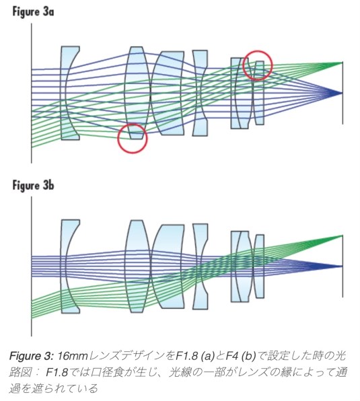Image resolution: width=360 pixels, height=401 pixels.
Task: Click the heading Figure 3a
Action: coord(33,12)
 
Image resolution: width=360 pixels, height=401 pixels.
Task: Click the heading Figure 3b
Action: coord(33,186)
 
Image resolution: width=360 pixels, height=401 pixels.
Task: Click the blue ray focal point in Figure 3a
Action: coord(342,93)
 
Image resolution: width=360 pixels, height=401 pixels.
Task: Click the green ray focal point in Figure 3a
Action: coord(342,63)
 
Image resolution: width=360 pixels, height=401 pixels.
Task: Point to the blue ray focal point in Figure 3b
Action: coord(342,266)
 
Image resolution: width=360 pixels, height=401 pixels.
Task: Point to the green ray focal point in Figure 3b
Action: coord(342,235)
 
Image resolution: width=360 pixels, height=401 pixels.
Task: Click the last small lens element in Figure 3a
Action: coord(259,93)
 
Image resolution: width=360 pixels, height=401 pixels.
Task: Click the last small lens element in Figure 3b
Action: coord(259,266)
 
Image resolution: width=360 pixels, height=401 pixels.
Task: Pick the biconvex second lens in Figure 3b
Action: coord(137,266)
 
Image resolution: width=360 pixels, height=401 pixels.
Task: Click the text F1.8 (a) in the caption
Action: coord(195,356)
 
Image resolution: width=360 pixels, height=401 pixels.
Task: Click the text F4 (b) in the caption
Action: coord(241,356)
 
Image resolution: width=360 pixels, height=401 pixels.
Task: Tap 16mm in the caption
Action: coord(73,356)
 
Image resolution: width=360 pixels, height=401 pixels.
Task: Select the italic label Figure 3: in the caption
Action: coord(31,356)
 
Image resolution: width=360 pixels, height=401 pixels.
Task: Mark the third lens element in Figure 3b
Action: coord(168,266)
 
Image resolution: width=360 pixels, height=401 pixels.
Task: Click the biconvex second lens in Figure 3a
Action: coord(137,93)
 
